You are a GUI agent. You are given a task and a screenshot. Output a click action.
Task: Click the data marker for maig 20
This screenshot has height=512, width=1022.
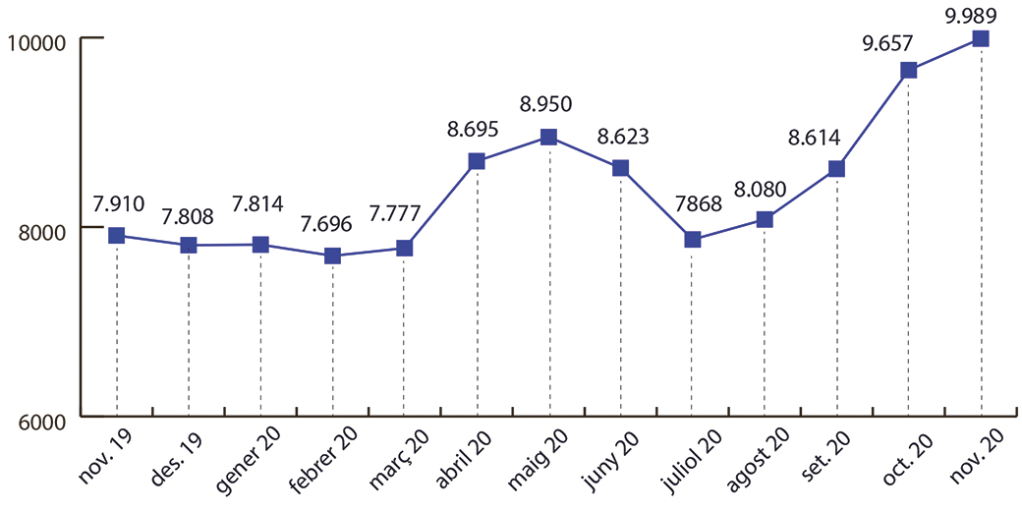click(x=549, y=137)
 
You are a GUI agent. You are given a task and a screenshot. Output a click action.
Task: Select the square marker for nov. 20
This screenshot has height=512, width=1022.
click(x=981, y=38)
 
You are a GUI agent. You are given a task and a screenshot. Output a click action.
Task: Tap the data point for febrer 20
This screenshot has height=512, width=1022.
click(x=332, y=256)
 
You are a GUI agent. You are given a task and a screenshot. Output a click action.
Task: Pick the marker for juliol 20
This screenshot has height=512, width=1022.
click(x=692, y=240)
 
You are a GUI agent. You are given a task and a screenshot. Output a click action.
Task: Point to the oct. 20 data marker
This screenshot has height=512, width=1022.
click(x=908, y=70)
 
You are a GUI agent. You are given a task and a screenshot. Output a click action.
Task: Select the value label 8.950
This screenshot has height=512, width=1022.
click(x=544, y=103)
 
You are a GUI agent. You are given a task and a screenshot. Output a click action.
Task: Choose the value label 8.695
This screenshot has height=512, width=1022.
click(x=473, y=128)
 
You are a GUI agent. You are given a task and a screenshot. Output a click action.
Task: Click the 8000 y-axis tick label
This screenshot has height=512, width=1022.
click(x=39, y=231)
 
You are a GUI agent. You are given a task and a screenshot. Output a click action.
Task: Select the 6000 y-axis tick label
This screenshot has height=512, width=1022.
click(x=39, y=421)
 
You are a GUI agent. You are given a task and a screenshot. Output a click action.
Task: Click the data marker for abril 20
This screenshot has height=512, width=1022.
click(x=477, y=161)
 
